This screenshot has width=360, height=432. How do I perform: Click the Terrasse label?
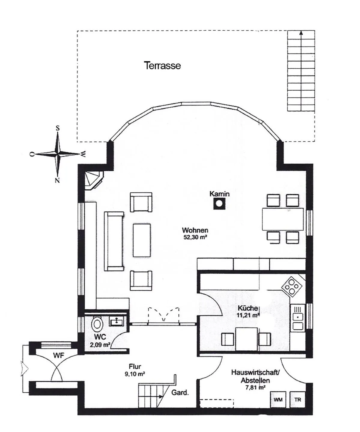click(162, 65)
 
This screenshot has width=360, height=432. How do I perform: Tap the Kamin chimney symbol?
click(219, 204)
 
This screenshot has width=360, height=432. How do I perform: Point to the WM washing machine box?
click(278, 400)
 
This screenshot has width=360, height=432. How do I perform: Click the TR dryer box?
click(298, 400)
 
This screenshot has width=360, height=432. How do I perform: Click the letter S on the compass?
click(58, 128)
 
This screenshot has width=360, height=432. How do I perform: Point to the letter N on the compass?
click(57, 181)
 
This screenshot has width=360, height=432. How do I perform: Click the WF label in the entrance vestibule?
click(59, 355)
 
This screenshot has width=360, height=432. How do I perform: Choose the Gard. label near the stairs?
click(180, 392)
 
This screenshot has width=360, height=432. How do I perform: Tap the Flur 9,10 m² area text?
click(135, 370)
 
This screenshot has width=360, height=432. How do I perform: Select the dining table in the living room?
click(283, 219)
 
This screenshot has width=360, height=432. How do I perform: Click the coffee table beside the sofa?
click(142, 240)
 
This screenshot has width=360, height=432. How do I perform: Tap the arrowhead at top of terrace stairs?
click(301, 33)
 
